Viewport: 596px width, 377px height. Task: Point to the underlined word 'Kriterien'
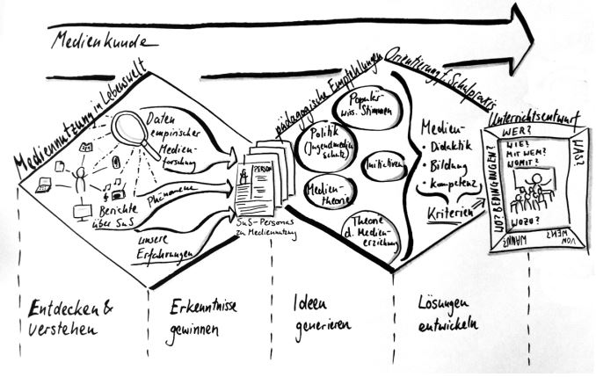click(444, 212)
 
